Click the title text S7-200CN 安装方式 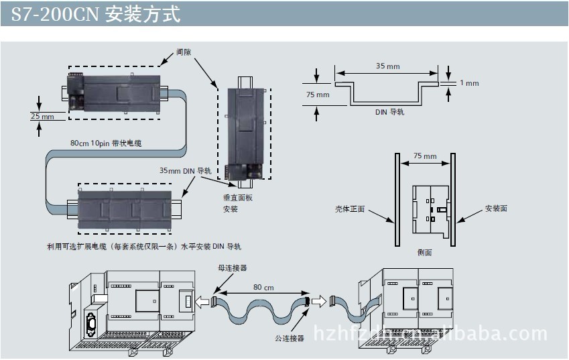[95, 14]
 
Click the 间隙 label [184, 52]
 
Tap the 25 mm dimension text [42, 117]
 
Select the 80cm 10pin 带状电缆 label [106, 143]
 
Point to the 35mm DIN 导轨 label [186, 170]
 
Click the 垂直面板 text [238, 198]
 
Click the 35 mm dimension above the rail [387, 66]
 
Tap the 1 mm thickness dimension [469, 83]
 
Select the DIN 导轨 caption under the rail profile [390, 112]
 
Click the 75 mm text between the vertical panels [425, 156]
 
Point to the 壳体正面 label [350, 209]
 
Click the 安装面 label [496, 208]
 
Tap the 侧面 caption [424, 252]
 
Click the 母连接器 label [233, 268]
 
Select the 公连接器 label [290, 339]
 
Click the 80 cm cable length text [263, 288]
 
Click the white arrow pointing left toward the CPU [202, 302]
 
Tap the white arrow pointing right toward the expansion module [319, 301]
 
